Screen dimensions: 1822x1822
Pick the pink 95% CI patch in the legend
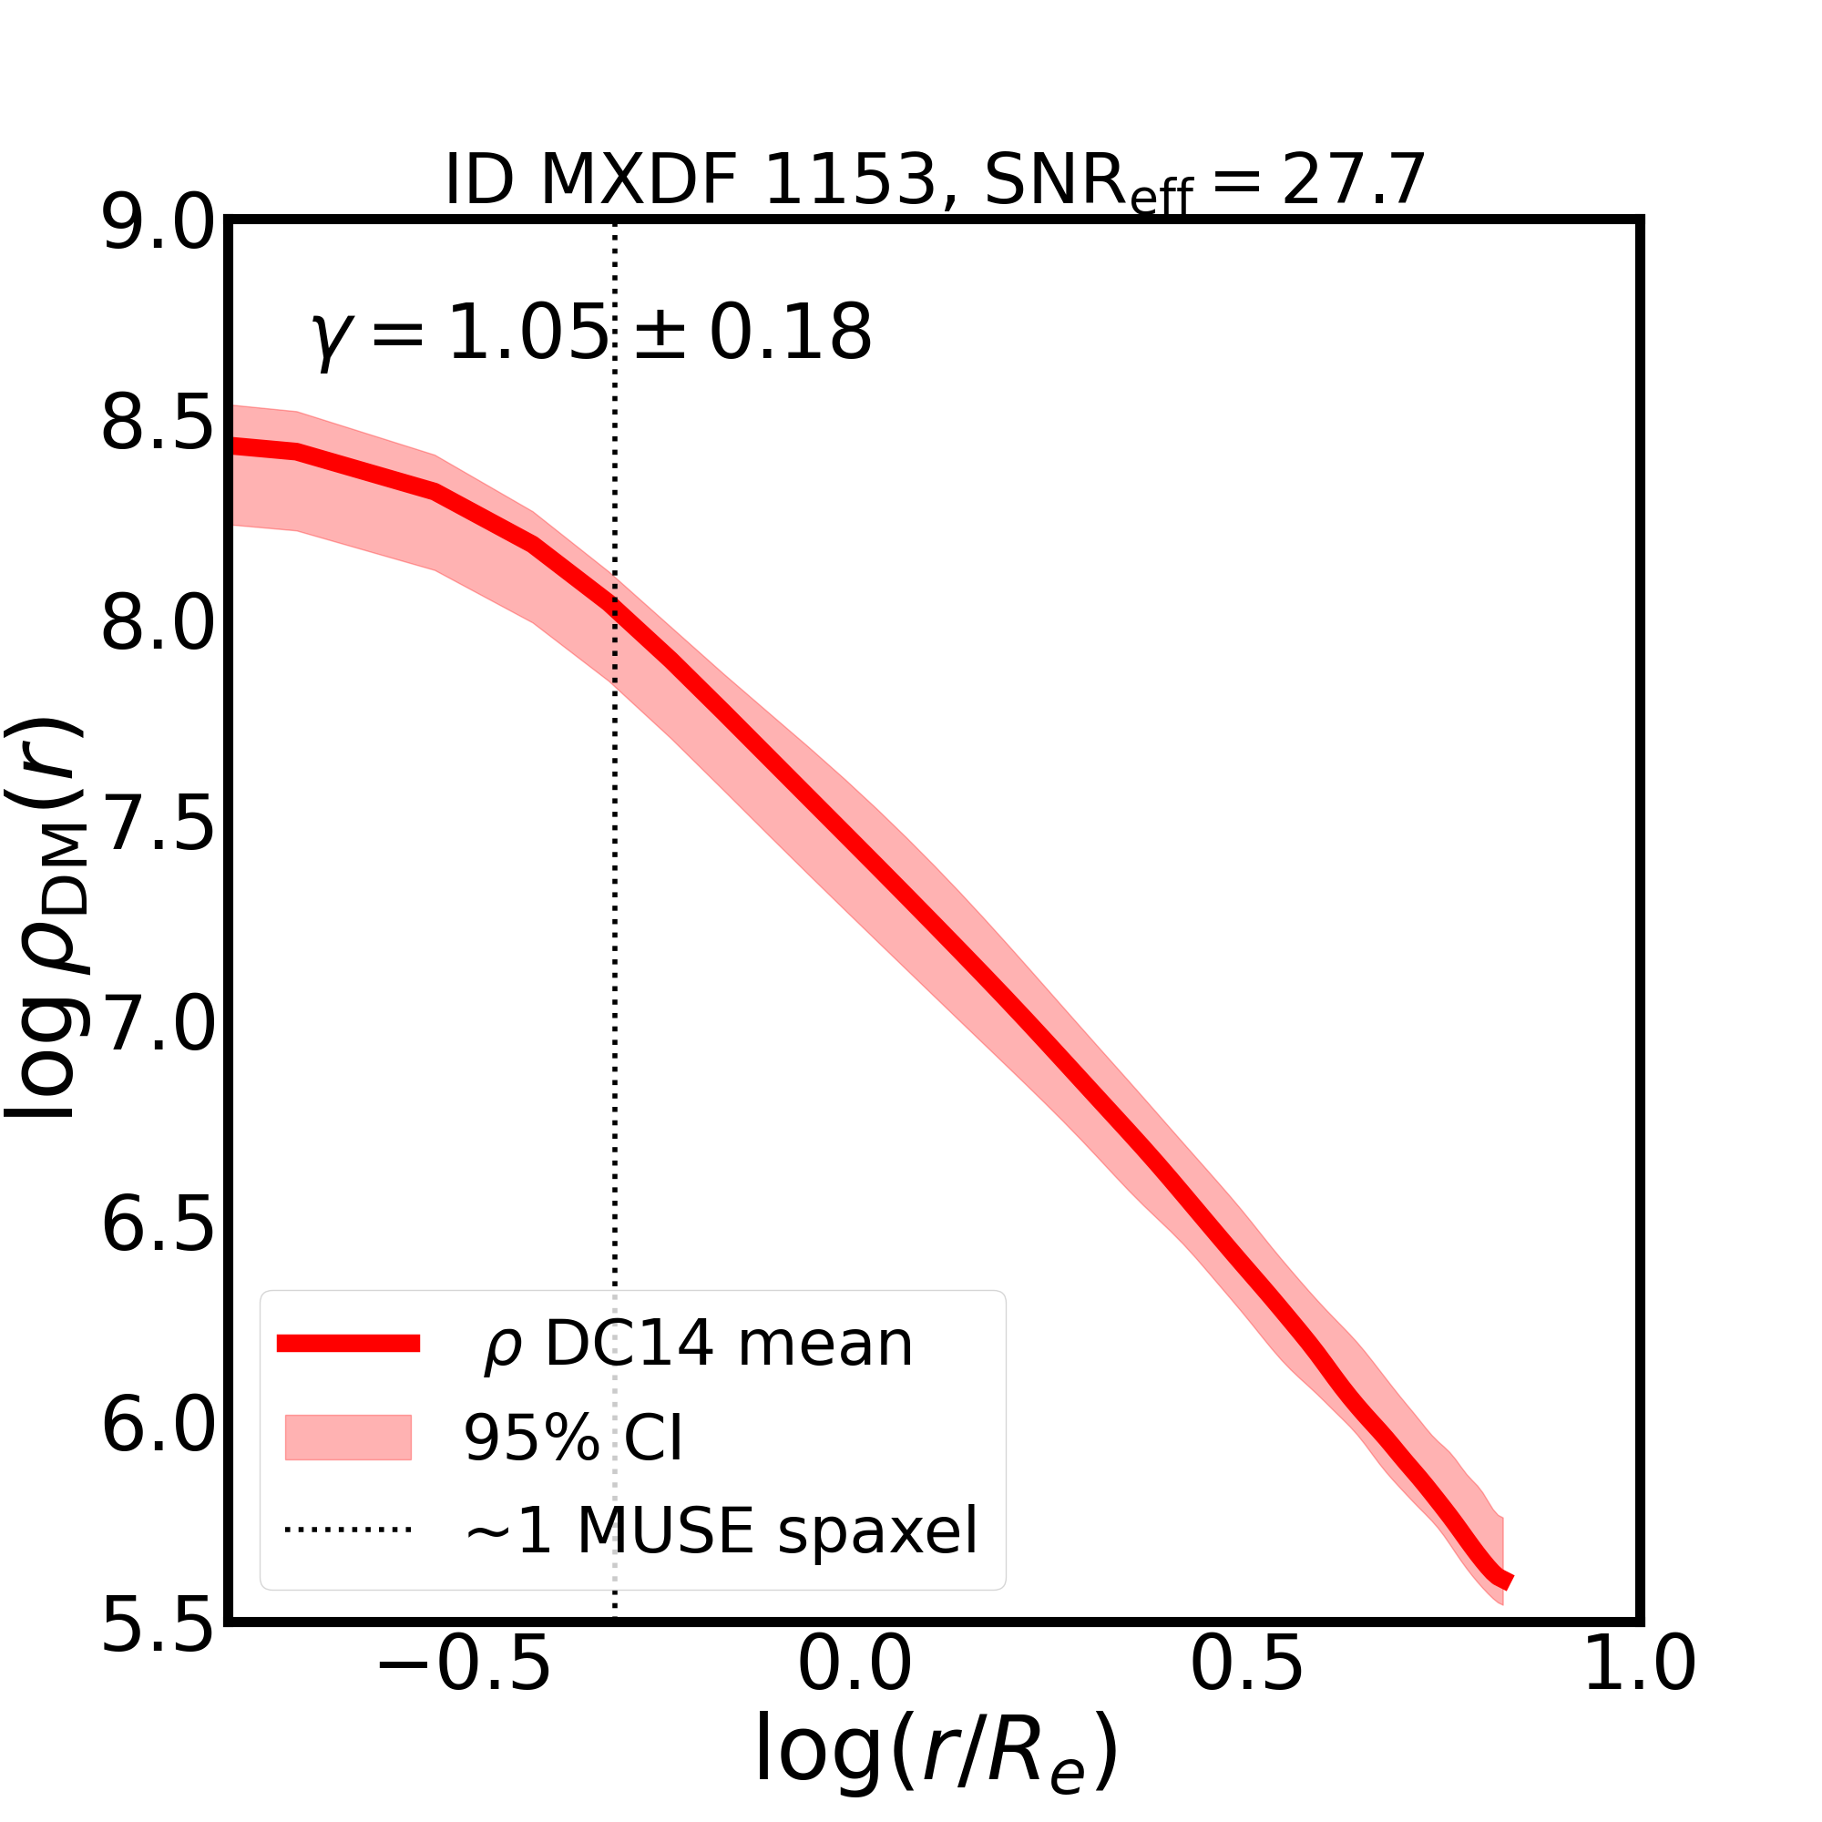pyautogui.click(x=348, y=1438)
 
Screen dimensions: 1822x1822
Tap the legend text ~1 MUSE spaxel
pyautogui.click(x=721, y=1530)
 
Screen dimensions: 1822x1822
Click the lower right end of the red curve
pyautogui.click(x=1508, y=1581)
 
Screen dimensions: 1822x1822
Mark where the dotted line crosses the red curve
pyautogui.click(x=615, y=608)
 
